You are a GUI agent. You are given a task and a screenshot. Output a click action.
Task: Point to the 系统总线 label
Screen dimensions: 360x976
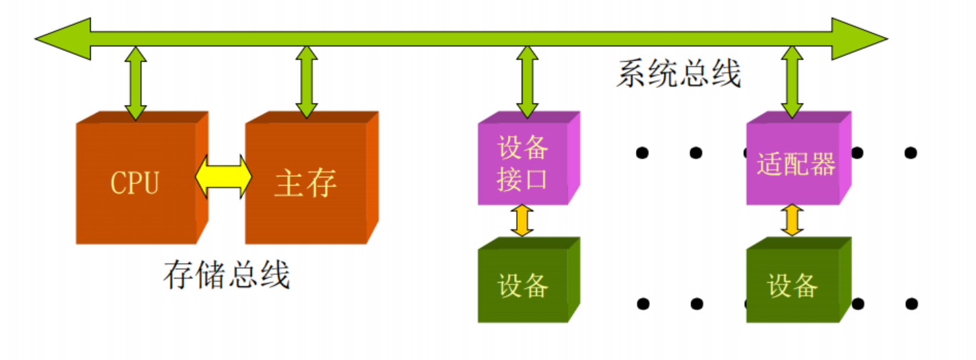tap(679, 74)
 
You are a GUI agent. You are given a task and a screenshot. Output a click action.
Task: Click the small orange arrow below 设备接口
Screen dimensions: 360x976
tap(522, 221)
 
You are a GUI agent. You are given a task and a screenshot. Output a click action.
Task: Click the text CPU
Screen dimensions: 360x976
tap(135, 183)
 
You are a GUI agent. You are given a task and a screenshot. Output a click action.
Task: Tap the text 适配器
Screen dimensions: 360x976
tap(795, 164)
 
